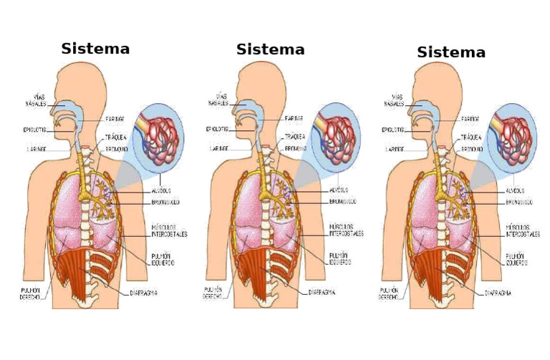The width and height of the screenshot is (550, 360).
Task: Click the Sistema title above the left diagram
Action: pos(95,49)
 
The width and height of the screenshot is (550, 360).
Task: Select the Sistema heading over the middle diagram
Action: pos(270,49)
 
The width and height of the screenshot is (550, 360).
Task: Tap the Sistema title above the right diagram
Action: pos(451,52)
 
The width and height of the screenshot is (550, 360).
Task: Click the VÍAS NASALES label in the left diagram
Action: pos(37,99)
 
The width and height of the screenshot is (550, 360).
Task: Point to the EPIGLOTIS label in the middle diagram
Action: pos(217,130)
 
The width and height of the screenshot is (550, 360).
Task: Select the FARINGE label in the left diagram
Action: pos(115,119)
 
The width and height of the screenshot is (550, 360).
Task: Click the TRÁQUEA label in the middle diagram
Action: pos(295,136)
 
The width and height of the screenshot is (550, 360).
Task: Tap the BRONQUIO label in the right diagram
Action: pos(471,149)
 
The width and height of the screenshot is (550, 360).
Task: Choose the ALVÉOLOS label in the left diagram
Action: pos(162,191)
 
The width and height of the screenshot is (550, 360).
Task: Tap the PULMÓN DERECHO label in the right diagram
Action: pos(389,293)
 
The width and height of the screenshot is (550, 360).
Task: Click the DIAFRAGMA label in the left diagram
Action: pos(144,293)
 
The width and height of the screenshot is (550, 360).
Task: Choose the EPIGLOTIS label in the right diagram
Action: pos(393,130)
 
